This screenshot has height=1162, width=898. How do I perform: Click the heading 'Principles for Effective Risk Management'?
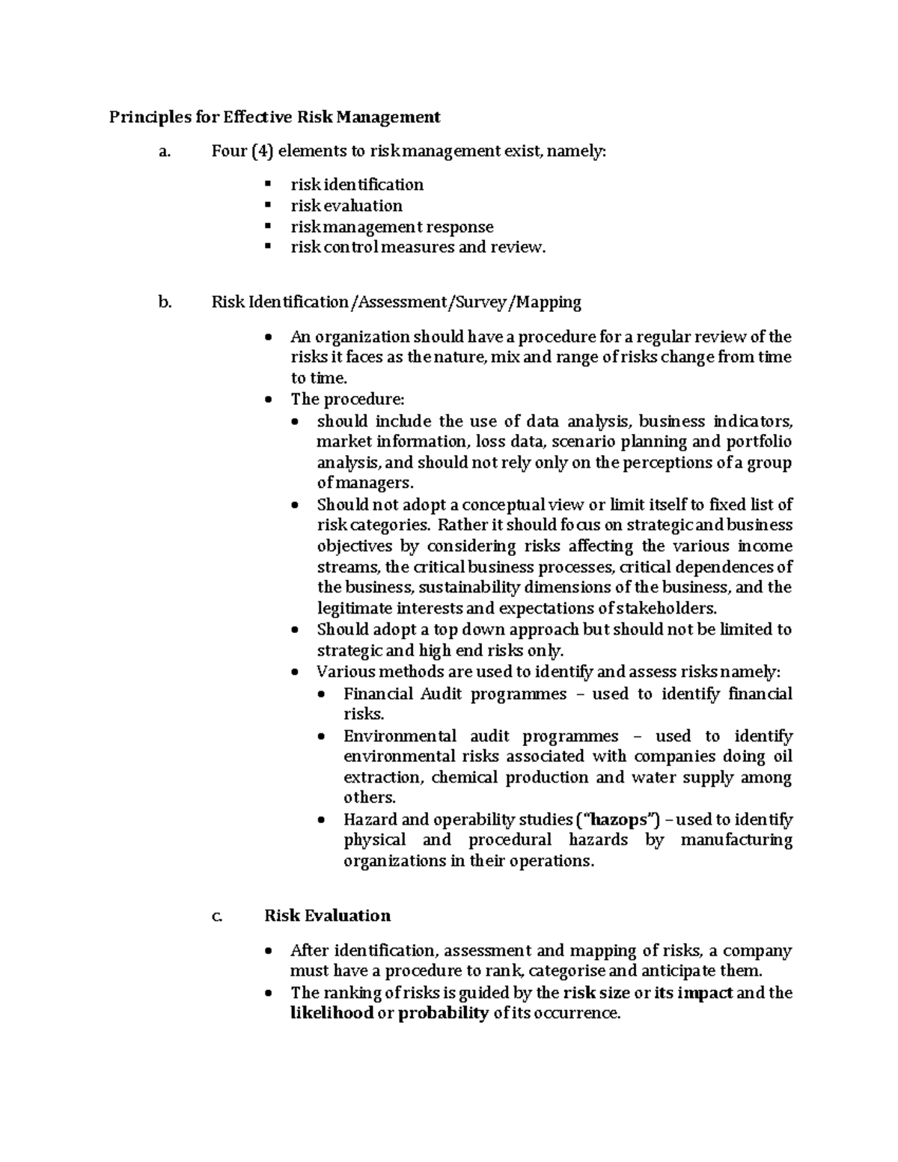pyautogui.click(x=275, y=117)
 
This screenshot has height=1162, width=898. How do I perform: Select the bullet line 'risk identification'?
pyautogui.click(x=357, y=184)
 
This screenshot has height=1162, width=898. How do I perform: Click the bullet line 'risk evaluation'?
pyautogui.click(x=346, y=205)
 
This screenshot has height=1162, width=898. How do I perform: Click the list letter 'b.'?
pyautogui.click(x=165, y=302)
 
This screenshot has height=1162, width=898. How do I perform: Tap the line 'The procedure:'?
pyautogui.click(x=346, y=400)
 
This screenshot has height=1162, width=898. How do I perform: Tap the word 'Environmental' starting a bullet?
pyautogui.click(x=400, y=736)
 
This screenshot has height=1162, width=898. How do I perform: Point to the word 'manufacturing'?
pyautogui.click(x=736, y=840)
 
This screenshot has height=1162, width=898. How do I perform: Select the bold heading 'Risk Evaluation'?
pyautogui.click(x=327, y=916)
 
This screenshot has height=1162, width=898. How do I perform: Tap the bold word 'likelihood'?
pyautogui.click(x=332, y=1014)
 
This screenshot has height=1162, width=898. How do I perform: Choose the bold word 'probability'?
pyautogui.click(x=444, y=1014)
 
